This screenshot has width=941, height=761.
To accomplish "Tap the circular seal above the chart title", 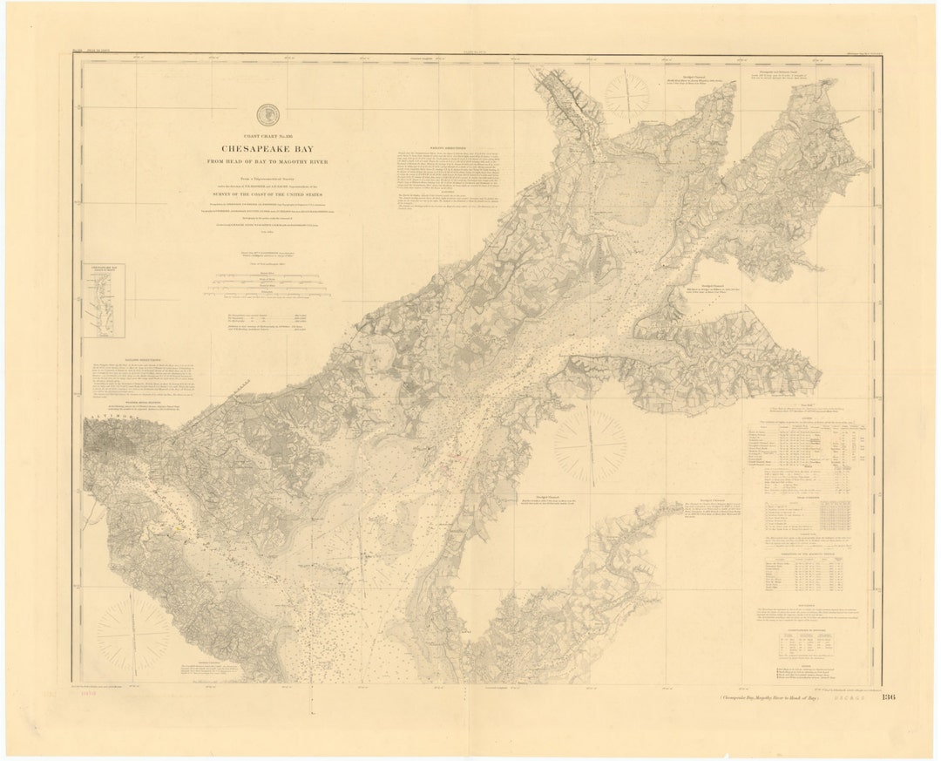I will [267, 113].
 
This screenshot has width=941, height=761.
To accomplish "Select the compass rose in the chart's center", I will [590, 447].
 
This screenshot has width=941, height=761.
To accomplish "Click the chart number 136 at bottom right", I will [887, 696].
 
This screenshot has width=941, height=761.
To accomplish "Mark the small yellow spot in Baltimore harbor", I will [177, 527].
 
